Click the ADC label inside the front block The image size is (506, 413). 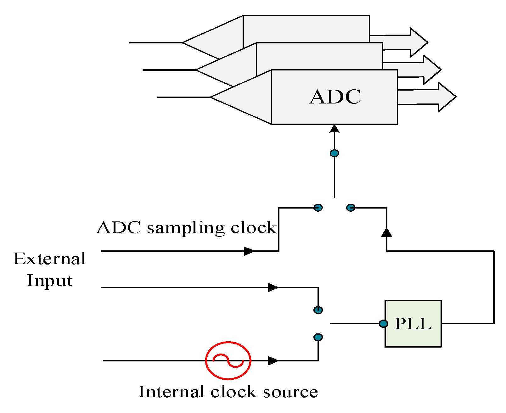click(x=335, y=97)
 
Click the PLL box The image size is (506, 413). click(x=413, y=324)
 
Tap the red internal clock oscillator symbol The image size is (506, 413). click(x=228, y=360)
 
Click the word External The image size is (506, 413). click(x=50, y=259)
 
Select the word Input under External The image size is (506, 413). click(x=50, y=281)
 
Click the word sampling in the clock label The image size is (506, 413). click(x=186, y=228)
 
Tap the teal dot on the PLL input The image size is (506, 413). click(x=383, y=324)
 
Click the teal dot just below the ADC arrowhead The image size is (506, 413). click(x=335, y=153)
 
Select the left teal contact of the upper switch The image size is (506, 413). click(x=318, y=208)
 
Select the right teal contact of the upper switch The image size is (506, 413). click(x=351, y=208)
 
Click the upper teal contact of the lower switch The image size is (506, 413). click(x=318, y=310)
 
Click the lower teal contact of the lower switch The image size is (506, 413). click(x=318, y=338)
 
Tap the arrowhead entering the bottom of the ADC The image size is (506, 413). click(x=335, y=129)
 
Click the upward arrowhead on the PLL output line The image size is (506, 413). click(x=386, y=232)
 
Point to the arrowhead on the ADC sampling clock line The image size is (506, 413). click(x=249, y=251)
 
